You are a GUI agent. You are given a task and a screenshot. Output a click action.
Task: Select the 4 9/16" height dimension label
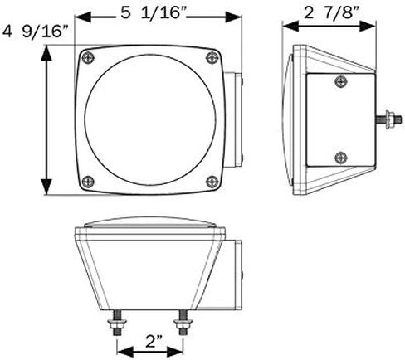tap(35, 32)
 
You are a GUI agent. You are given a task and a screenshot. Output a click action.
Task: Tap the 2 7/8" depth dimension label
tap(332, 13)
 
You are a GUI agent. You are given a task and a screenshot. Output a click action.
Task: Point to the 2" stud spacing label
tap(154, 342)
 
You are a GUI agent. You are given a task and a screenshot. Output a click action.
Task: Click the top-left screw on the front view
tap(89, 58)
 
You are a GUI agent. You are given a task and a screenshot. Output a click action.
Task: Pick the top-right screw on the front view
tap(212, 58)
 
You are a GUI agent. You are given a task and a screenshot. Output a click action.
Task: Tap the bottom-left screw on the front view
tap(89, 182)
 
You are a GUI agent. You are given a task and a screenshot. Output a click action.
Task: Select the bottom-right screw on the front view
tap(212, 182)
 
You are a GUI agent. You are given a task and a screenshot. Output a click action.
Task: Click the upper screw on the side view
tap(341, 81)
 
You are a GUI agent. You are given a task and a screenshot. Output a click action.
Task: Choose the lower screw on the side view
tap(341, 158)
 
